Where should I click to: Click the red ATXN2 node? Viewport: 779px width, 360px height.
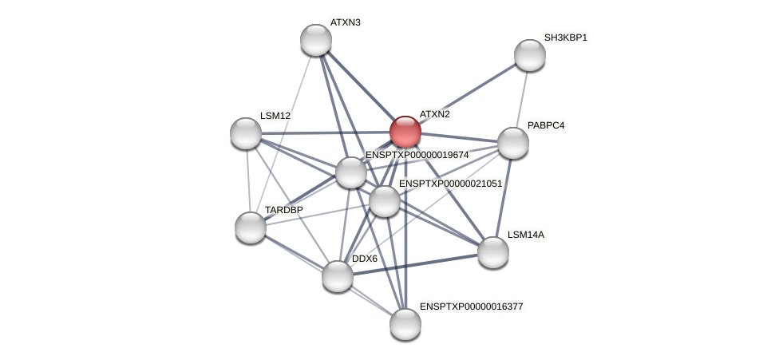click(x=405, y=132)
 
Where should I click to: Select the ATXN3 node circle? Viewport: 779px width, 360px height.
click(x=316, y=40)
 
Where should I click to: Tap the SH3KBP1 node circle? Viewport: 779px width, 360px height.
click(x=529, y=55)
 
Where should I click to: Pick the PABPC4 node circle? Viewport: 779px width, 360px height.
click(x=512, y=143)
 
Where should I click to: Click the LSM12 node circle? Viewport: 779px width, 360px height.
click(x=246, y=133)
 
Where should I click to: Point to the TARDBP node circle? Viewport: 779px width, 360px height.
click(x=251, y=227)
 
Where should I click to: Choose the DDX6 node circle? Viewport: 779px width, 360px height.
click(x=338, y=276)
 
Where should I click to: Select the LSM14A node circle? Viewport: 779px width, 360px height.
click(x=493, y=252)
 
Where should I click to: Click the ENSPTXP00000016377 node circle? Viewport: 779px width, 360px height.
click(x=405, y=323)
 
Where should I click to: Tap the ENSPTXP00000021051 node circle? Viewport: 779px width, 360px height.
click(x=384, y=201)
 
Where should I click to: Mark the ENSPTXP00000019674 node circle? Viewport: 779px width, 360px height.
click(x=351, y=172)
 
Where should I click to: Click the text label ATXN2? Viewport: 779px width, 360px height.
click(x=434, y=114)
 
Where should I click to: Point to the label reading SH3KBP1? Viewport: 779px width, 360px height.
click(x=565, y=38)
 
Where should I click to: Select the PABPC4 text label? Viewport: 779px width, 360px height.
click(x=545, y=125)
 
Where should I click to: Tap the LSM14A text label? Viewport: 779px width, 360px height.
click(x=525, y=235)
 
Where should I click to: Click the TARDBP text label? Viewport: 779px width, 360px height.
click(x=283, y=210)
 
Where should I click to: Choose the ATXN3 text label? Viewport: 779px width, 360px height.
click(x=345, y=22)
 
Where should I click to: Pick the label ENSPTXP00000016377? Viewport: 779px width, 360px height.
click(x=471, y=306)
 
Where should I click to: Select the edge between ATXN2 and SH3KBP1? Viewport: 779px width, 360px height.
click(x=467, y=93)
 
